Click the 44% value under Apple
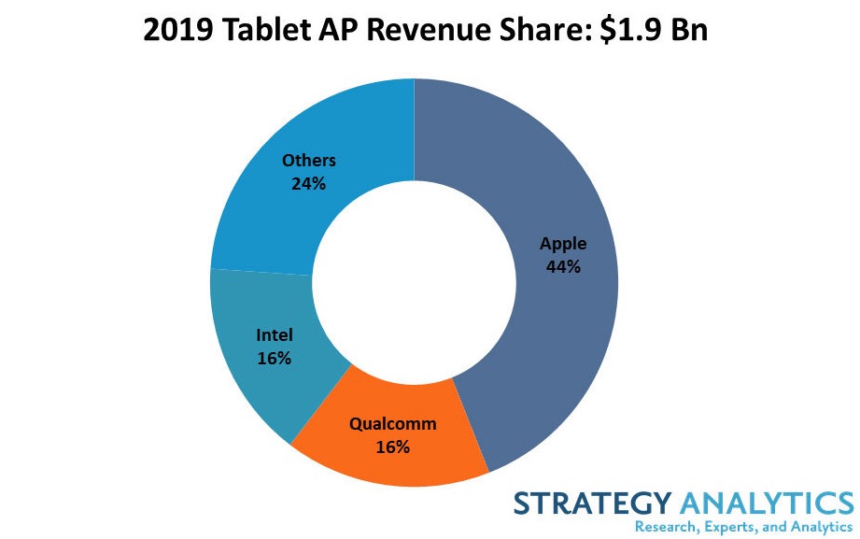coord(563,266)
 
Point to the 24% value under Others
coord(308,183)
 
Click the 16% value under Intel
coord(274,358)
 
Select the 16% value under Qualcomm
coord(392,447)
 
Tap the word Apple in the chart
coord(563,244)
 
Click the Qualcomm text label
coord(392,424)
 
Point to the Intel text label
coord(274,335)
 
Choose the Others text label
coord(308,161)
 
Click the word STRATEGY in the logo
coord(590,504)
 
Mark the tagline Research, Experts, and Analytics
coord(743,527)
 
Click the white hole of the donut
coord(414,282)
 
